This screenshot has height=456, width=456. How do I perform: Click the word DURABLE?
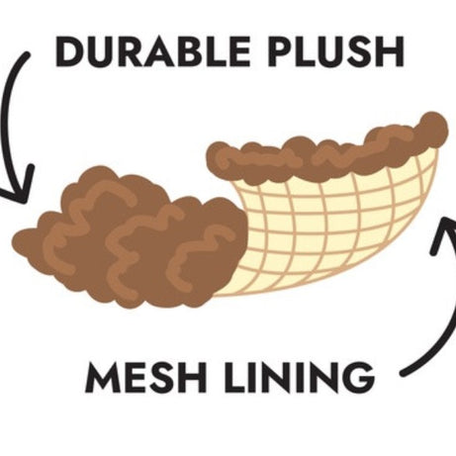click(152, 52)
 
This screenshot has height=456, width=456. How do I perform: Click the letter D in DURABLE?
click(68, 52)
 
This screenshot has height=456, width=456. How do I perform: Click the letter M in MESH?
click(103, 377)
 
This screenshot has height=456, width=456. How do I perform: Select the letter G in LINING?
click(360, 377)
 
